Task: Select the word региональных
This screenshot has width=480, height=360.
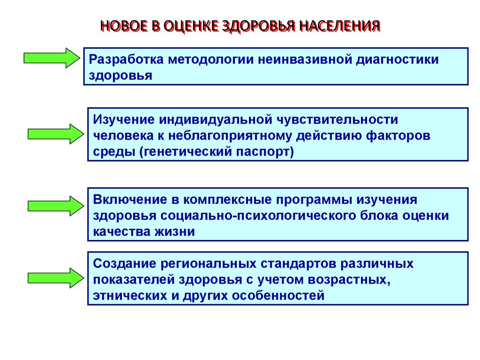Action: (208, 263)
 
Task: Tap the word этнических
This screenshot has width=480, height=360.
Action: (123, 296)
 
